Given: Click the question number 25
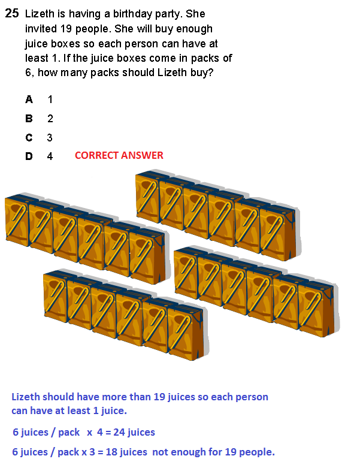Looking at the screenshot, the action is tap(12, 13).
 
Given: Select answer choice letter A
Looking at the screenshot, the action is tap(29, 99).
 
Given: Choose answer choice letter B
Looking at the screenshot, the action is tap(29, 118).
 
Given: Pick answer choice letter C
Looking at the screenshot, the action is tap(29, 138).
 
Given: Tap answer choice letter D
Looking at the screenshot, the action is tap(29, 156).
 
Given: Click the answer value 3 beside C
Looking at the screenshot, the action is tap(50, 138).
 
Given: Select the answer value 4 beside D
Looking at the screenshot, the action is tap(50, 156).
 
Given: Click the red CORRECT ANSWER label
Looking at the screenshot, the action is tap(119, 155).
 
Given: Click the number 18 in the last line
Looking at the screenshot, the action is tap(111, 452).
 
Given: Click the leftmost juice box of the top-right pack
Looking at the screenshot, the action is tap(147, 197).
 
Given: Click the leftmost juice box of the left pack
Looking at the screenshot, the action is tap(17, 220).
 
